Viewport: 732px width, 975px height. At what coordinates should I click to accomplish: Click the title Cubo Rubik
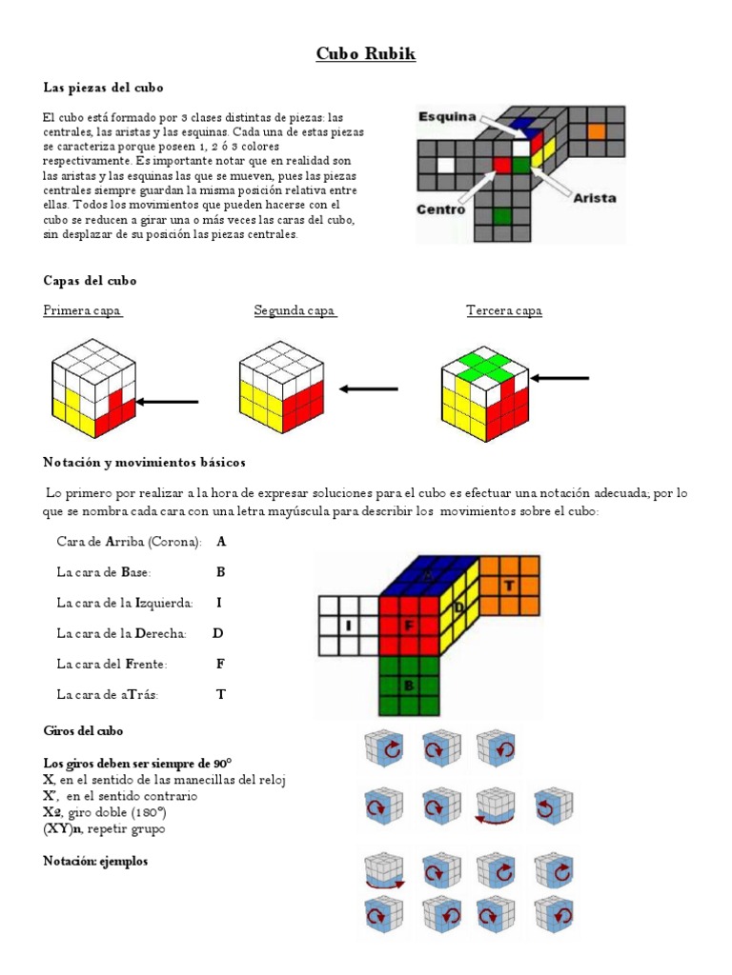tap(366, 54)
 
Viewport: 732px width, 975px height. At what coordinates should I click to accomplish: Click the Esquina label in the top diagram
tap(446, 116)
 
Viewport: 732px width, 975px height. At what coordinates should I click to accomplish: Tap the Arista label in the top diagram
tap(594, 198)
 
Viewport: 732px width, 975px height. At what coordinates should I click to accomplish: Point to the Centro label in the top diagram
tap(440, 209)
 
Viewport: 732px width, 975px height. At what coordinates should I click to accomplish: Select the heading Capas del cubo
tap(90, 281)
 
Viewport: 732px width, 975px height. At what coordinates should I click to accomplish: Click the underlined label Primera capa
tap(82, 310)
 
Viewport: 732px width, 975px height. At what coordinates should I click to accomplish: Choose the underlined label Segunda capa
tap(295, 310)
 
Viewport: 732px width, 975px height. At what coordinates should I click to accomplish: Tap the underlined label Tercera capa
tap(504, 310)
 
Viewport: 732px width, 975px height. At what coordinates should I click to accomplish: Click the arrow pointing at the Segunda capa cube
tap(369, 388)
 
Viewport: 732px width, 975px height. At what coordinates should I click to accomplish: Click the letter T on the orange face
tap(509, 586)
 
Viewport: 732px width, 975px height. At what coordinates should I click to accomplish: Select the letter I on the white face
tap(349, 626)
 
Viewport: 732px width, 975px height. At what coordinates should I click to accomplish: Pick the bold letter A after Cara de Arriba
tap(221, 542)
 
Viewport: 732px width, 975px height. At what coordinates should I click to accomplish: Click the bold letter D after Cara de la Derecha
tap(218, 633)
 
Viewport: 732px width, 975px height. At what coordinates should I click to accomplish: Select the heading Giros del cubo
tap(83, 730)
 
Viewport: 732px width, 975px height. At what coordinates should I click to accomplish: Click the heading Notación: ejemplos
tap(95, 862)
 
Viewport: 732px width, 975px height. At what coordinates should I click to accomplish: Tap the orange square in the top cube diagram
tap(597, 132)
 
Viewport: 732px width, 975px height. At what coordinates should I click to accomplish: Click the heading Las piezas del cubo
tap(103, 88)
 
